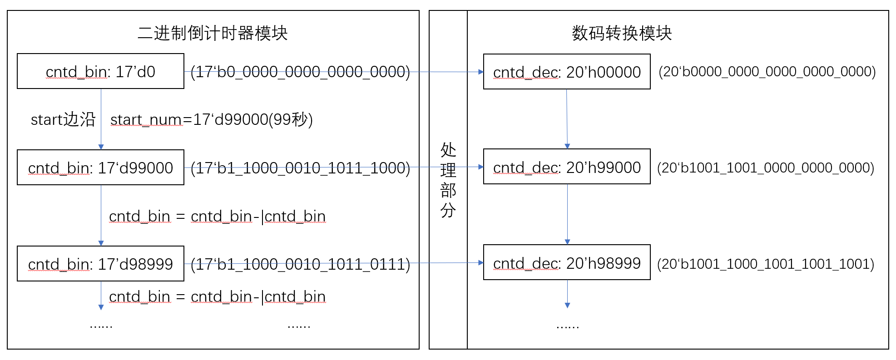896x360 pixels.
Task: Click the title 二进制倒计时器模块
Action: tap(213, 33)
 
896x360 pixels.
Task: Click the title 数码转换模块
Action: tap(621, 33)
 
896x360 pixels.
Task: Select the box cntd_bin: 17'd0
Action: tap(100, 71)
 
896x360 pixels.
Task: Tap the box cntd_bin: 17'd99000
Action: tap(100, 168)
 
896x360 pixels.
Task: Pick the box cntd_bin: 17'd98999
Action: tap(100, 264)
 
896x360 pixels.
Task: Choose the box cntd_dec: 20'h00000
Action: tap(567, 72)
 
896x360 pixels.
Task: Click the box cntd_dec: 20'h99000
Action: tap(567, 167)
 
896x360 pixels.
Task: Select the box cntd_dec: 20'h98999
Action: tap(567, 263)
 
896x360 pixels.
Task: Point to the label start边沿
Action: tap(63, 119)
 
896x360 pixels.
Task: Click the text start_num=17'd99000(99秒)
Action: tap(212, 119)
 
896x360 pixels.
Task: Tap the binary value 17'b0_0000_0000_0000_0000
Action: tap(300, 72)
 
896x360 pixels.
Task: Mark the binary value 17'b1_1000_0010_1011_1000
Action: tap(300, 168)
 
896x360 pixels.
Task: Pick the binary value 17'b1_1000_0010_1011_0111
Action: tap(300, 264)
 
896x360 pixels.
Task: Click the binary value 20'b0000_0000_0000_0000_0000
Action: tap(767, 72)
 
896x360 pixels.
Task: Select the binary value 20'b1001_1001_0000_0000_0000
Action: tap(766, 168)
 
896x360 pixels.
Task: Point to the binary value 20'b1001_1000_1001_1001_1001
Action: tap(766, 264)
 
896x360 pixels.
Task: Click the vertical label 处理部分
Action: tap(448, 180)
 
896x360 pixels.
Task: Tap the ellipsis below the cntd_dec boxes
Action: tap(567, 325)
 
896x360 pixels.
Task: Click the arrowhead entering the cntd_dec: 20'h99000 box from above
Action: tap(567, 146)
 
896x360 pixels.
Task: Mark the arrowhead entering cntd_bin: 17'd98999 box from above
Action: tap(101, 243)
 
